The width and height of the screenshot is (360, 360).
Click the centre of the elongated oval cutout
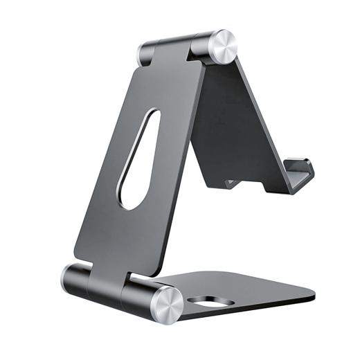tap(138, 159)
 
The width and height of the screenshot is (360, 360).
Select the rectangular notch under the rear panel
tap(233, 183)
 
